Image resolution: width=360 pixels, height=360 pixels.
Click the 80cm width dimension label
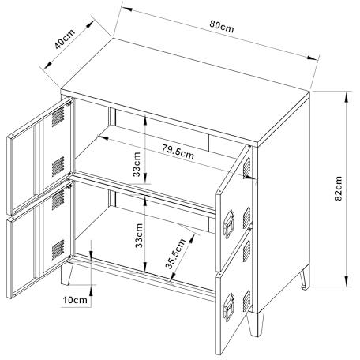click(222, 26)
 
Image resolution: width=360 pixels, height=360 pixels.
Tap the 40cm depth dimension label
click(65, 39)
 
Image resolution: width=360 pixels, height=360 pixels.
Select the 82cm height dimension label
click(338, 189)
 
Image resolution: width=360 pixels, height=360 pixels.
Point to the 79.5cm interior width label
click(178, 152)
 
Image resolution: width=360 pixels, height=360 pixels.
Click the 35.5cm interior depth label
click(175, 253)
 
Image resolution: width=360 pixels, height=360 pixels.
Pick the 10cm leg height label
click(75, 300)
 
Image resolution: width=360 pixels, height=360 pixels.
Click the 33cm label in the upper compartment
click(137, 164)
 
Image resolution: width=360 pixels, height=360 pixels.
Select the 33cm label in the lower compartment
click(139, 235)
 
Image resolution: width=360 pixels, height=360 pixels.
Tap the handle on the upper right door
click(229, 224)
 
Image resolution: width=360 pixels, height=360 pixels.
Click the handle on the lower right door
click(229, 307)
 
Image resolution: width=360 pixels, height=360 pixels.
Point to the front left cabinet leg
click(66, 274)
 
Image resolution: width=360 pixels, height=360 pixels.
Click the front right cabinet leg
click(255, 323)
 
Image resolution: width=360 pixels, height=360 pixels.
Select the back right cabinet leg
click(305, 278)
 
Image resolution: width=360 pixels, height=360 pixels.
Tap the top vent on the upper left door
click(58, 117)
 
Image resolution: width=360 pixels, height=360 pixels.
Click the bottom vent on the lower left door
click(58, 249)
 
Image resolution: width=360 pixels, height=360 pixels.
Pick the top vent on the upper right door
click(246, 167)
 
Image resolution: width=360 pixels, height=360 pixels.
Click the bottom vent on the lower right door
click(247, 301)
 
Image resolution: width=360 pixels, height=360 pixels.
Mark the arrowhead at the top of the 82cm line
click(347, 96)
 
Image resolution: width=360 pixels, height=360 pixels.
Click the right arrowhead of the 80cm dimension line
click(312, 58)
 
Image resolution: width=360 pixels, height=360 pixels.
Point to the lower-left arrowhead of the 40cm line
click(47, 66)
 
